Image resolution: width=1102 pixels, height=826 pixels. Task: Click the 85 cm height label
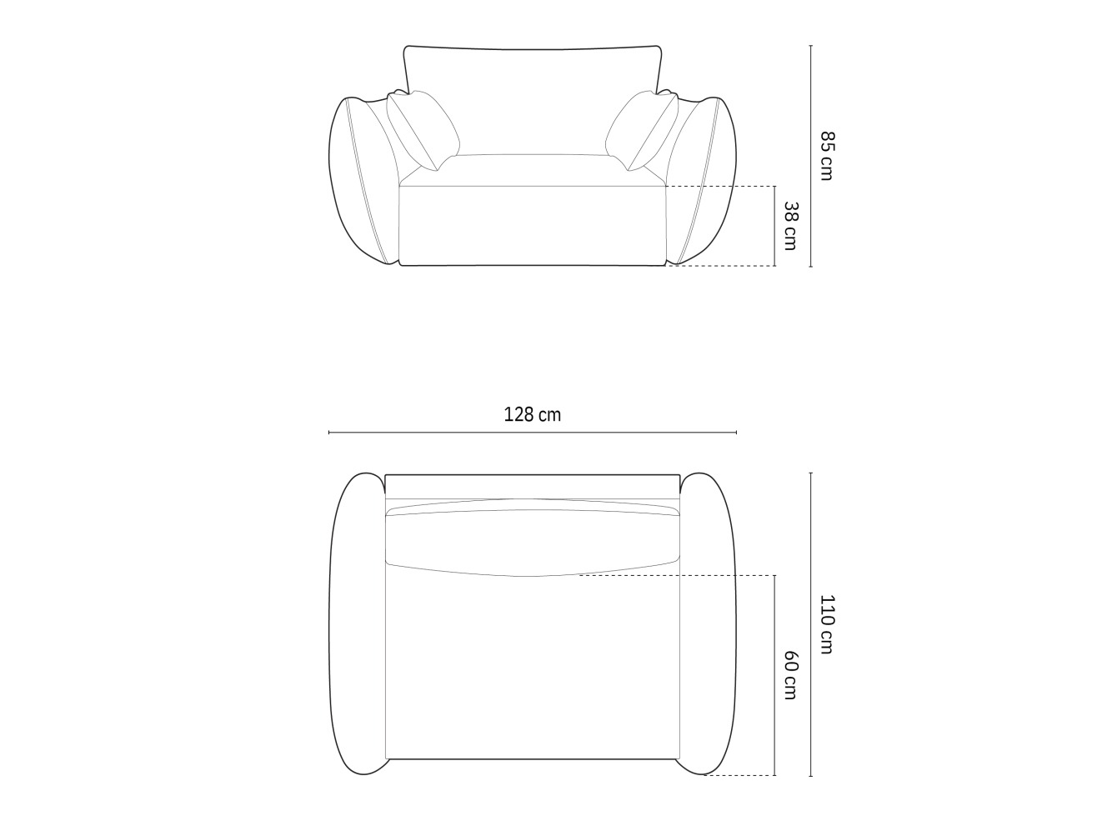click(826, 155)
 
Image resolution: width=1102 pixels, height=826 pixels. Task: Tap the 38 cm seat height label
click(790, 225)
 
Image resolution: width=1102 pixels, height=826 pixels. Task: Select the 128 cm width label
click(532, 414)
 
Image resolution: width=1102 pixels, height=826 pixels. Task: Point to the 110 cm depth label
click(826, 623)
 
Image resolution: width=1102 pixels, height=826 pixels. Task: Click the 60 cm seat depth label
click(790, 675)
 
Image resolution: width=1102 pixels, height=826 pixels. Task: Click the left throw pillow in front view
click(423, 128)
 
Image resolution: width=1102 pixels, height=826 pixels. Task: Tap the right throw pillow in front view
click(642, 128)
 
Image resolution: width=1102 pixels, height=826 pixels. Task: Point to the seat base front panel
click(532, 225)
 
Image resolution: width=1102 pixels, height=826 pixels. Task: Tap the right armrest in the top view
click(708, 623)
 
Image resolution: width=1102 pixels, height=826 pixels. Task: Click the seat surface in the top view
click(532, 667)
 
